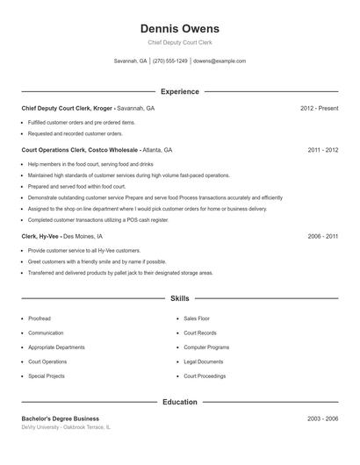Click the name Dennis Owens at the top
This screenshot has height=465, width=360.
coord(179,28)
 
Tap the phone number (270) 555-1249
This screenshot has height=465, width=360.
coord(171,61)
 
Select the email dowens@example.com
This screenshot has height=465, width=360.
coord(220,61)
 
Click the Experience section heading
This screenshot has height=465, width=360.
coord(179,91)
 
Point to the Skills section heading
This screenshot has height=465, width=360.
coord(179,298)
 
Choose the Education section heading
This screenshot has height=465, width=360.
coord(179,402)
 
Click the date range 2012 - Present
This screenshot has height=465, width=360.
coord(319,108)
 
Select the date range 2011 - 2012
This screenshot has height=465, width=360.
coord(322,150)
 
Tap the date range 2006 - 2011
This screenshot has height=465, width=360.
coord(322,236)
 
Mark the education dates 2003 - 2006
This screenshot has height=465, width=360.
coord(322,418)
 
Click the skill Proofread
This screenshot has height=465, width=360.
coord(40,318)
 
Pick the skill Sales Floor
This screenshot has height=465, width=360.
coord(197,318)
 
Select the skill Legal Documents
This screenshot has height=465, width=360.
coord(204,361)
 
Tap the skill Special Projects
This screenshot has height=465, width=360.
coord(47,376)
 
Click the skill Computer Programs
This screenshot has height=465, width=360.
coord(206,347)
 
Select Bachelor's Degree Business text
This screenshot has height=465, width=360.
coord(61,418)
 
